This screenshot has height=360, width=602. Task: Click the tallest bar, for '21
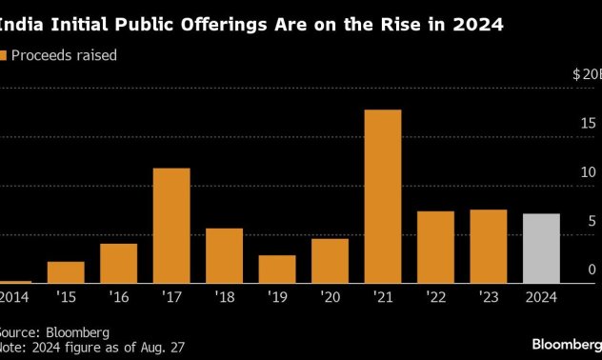click(x=382, y=196)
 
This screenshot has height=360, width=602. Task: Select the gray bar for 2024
click(x=540, y=249)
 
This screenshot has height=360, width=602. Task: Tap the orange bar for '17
click(x=171, y=226)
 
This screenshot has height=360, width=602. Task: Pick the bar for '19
click(x=277, y=269)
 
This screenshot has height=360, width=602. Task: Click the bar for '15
click(x=66, y=272)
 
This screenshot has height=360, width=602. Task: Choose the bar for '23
click(x=488, y=246)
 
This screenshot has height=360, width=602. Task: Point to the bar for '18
click(x=224, y=255)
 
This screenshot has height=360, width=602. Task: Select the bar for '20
click(x=330, y=260)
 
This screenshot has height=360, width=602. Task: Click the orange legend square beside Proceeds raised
click(x=4, y=56)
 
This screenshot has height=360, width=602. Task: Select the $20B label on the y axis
click(x=586, y=73)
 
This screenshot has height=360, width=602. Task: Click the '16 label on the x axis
click(x=118, y=297)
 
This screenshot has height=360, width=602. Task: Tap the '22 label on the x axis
click(x=434, y=297)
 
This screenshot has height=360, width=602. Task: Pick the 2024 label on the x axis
click(x=540, y=297)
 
